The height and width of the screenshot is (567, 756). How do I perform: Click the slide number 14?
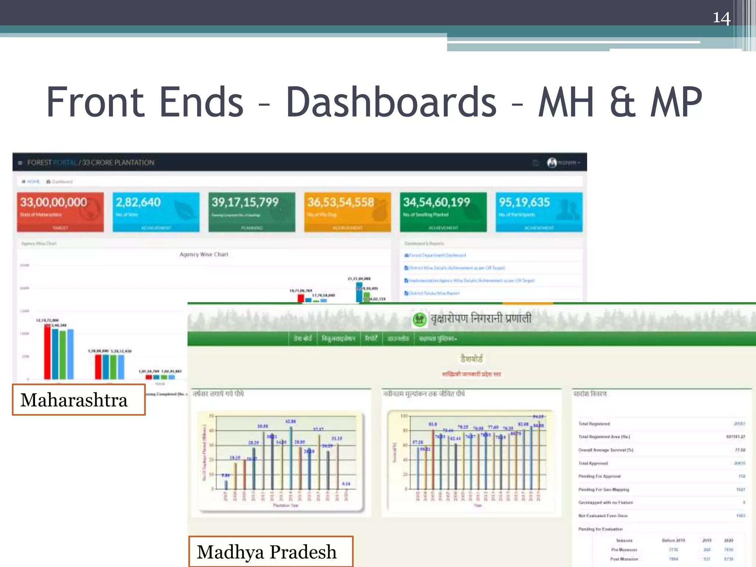pos(721,18)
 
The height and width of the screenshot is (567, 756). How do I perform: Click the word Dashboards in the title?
pos(391,102)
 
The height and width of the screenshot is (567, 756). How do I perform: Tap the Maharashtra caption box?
pos(79,400)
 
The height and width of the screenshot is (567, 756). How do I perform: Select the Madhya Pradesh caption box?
pos(271,552)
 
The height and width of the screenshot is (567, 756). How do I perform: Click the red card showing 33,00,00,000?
pos(60,212)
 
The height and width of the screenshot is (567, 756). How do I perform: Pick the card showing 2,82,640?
pos(156,212)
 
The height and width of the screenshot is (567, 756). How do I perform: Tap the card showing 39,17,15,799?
pos(252,212)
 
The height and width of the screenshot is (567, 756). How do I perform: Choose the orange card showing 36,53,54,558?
pos(347,212)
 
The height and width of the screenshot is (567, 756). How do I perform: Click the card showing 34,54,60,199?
pos(443,212)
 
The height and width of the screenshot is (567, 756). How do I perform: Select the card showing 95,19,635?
pos(539,212)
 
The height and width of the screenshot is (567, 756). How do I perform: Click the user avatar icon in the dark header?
pos(552,163)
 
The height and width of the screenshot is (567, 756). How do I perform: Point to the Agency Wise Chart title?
pos(204,254)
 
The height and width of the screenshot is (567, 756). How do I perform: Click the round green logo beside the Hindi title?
pos(419,319)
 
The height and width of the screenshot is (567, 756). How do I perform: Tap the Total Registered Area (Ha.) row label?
pos(604,437)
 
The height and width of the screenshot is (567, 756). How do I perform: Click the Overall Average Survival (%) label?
pos(605,450)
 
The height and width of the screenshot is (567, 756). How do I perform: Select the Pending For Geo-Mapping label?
pos(604,489)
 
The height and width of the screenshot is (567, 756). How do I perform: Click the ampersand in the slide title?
pos(623,102)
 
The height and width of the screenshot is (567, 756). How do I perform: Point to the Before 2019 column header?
pos(673,540)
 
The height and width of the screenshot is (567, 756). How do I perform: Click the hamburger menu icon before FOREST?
pos(20,163)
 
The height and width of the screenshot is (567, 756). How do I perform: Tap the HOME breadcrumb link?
pos(32,182)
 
